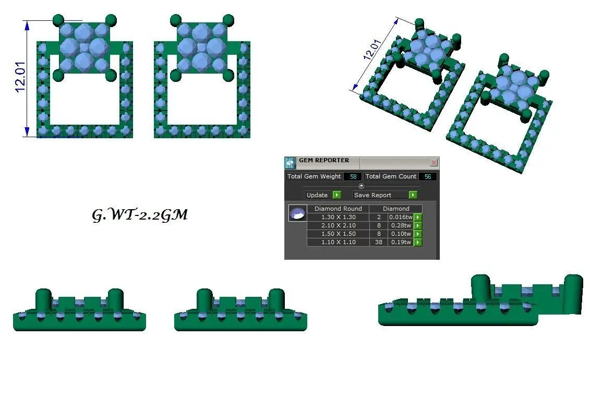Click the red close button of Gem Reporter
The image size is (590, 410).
(434, 163)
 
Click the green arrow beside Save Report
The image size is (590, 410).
(413, 195)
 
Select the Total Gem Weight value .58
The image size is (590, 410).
(353, 176)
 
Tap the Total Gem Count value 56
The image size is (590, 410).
(428, 176)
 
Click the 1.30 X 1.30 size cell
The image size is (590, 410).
(338, 217)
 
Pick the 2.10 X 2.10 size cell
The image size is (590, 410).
(338, 225)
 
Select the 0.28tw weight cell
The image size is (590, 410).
(401, 225)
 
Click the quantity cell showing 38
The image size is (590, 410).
(379, 242)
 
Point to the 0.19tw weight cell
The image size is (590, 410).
(401, 242)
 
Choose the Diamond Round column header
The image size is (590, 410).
(338, 208)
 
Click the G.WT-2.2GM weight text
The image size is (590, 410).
(140, 215)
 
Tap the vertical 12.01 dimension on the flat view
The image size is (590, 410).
(20, 77)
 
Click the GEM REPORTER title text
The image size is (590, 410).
(324, 160)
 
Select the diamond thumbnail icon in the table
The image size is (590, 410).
(297, 213)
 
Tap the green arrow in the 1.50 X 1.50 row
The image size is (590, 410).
(418, 234)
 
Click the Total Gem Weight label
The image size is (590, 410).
(314, 176)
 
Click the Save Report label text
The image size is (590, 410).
(372, 195)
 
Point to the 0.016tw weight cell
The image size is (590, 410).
(401, 217)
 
